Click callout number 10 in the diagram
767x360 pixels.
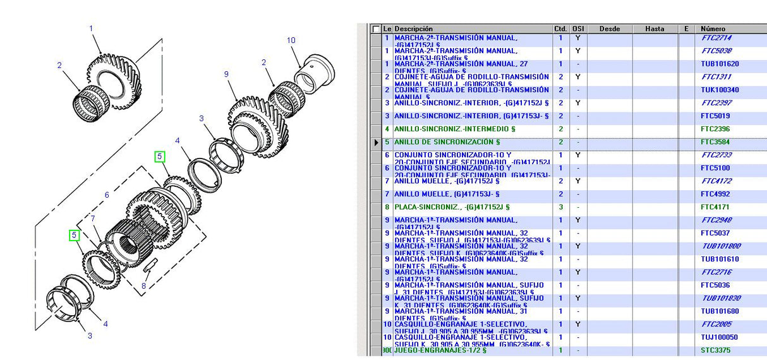coord(291,40)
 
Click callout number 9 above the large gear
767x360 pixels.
coord(226,75)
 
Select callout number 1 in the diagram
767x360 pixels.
coord(91,28)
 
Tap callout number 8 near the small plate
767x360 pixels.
coord(145,285)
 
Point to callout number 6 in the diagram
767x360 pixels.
coord(107,195)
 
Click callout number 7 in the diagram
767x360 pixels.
coord(92,219)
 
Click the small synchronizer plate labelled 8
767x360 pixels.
coord(149,265)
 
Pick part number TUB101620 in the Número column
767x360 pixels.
coord(720,64)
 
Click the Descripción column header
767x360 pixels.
coord(414,29)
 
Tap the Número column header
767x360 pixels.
coord(713,29)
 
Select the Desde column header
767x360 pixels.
coord(609,29)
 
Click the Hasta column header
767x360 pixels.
coord(655,29)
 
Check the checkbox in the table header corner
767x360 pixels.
coord(377,29)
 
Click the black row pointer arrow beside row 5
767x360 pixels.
coord(377,142)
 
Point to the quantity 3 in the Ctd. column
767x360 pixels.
coord(560,207)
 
